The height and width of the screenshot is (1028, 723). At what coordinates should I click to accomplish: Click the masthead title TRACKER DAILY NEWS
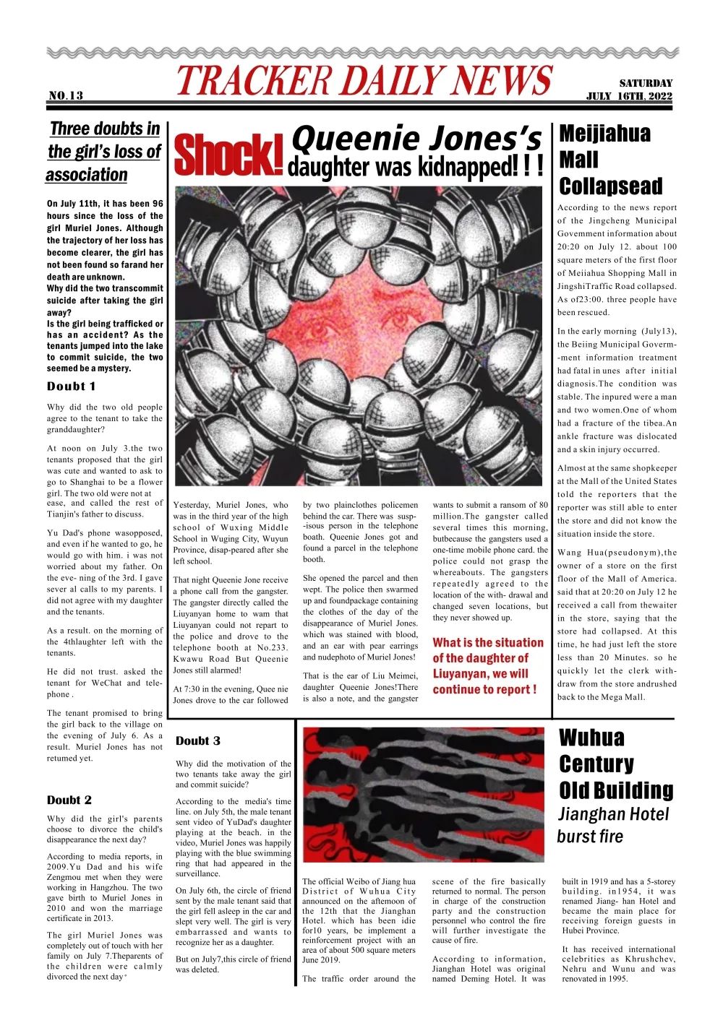pyautogui.click(x=364, y=80)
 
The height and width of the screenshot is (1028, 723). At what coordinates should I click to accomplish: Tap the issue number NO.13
pyautogui.click(x=66, y=95)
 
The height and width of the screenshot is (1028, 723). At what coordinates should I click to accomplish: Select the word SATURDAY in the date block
pyautogui.click(x=646, y=83)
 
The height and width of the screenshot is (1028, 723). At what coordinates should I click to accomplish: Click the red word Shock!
pyautogui.click(x=228, y=155)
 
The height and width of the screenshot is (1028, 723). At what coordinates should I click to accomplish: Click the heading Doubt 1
pyautogui.click(x=71, y=386)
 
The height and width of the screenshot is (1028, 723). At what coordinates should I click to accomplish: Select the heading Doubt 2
pyautogui.click(x=69, y=800)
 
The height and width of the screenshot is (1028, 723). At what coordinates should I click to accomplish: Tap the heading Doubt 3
pyautogui.click(x=198, y=740)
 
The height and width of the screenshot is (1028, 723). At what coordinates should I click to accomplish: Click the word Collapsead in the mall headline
pyautogui.click(x=610, y=186)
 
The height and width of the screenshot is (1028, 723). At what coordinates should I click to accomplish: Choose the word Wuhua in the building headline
pyautogui.click(x=591, y=738)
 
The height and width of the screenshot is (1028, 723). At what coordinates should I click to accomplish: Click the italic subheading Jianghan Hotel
pyautogui.click(x=614, y=814)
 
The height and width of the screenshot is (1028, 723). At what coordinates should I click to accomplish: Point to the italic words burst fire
pyautogui.click(x=589, y=837)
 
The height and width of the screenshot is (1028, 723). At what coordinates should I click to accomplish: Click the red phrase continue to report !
pyautogui.click(x=484, y=689)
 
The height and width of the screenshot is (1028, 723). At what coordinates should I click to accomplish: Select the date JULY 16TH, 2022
pyautogui.click(x=629, y=96)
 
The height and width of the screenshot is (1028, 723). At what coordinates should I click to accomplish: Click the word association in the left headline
pyautogui.click(x=86, y=175)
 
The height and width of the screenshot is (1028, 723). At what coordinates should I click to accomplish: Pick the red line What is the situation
pyautogui.click(x=488, y=642)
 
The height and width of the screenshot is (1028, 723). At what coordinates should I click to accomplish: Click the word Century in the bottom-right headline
pyautogui.click(x=596, y=764)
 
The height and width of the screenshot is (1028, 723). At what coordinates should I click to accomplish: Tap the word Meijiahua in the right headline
pyautogui.click(x=604, y=134)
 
